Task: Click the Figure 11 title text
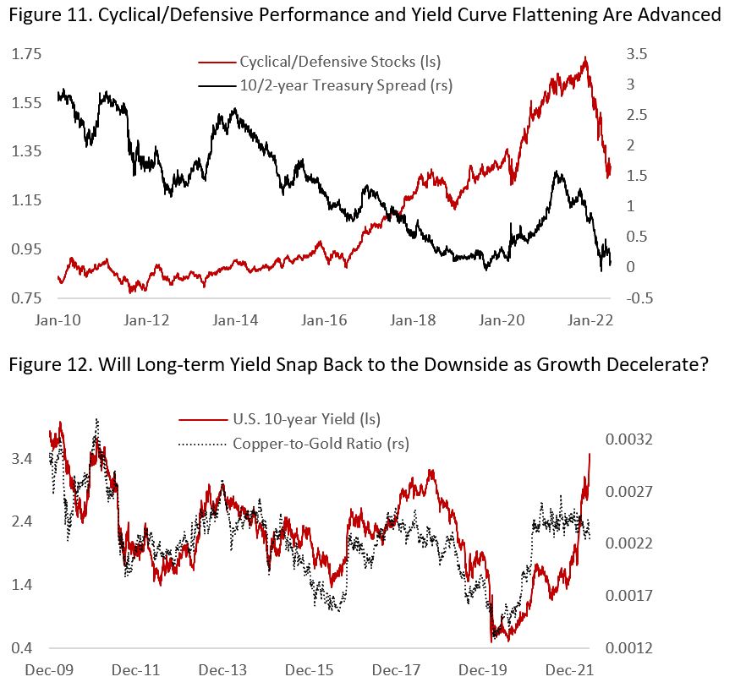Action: tap(367, 14)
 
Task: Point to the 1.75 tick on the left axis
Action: tap(26, 54)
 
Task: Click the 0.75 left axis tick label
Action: tap(26, 298)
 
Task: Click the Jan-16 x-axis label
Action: tap(322, 321)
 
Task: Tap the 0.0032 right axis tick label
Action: tap(628, 439)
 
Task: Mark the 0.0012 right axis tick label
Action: tap(628, 648)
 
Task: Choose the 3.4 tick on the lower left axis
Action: tap(23, 459)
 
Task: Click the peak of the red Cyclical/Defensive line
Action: tap(585, 57)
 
